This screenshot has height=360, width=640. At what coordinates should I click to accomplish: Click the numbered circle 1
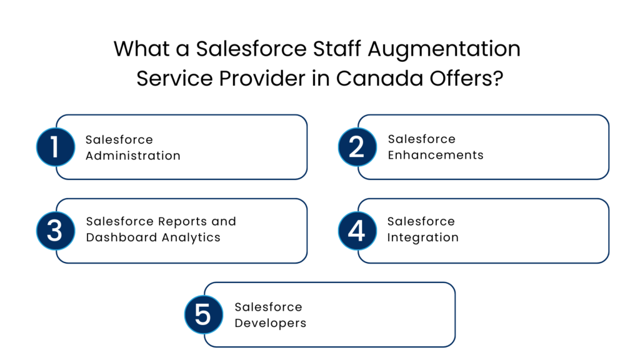coord(55,147)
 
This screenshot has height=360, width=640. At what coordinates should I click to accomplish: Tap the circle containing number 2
coord(357,147)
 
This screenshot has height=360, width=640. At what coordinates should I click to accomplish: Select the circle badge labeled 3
coord(55,231)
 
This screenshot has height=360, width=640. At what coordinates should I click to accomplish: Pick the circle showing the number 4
coord(357,231)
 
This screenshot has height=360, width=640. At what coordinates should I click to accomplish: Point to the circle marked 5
coord(203,314)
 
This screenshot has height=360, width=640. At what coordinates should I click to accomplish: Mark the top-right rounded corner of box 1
coord(304,119)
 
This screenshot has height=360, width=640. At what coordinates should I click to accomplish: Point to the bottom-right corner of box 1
coord(304,176)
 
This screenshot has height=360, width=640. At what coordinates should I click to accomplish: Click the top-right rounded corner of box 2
coord(606,119)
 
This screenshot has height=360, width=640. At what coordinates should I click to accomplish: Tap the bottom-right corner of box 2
coord(606,176)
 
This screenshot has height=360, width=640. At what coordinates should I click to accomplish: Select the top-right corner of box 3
coord(304,202)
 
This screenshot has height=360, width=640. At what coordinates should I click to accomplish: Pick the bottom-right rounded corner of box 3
coord(304,259)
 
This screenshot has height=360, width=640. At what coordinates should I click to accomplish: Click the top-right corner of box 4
coord(606,202)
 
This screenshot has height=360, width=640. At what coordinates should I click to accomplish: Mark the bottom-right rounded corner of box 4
coord(606,259)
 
